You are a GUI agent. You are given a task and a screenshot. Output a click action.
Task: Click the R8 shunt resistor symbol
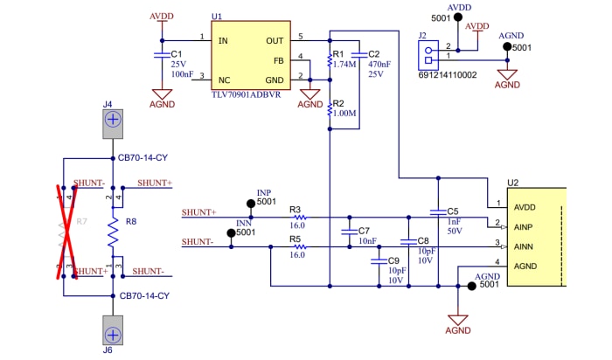pyautogui.click(x=112, y=232)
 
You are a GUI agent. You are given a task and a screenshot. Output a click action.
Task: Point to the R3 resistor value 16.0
pyautogui.click(x=297, y=225)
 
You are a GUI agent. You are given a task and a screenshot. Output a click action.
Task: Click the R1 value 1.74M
pyautogui.click(x=345, y=64)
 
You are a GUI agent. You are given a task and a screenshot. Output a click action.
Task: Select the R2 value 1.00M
pyautogui.click(x=346, y=113)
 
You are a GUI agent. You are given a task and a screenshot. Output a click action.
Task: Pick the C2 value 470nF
pyautogui.click(x=379, y=64)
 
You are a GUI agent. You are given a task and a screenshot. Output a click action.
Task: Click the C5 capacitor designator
pyautogui.click(x=452, y=211)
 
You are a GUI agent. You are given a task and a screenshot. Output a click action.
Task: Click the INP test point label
pyautogui.click(x=264, y=192)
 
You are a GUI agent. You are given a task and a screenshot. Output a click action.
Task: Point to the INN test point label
pyautogui.click(x=245, y=223)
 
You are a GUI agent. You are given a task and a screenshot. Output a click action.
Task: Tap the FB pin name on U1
pyautogui.click(x=278, y=60)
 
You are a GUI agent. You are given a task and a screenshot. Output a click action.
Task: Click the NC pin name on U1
pyautogui.click(x=225, y=79)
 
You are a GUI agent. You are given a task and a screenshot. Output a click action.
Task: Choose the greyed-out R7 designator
pyautogui.click(x=81, y=222)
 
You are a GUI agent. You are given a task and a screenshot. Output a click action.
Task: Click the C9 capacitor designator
pyautogui.click(x=393, y=260)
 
